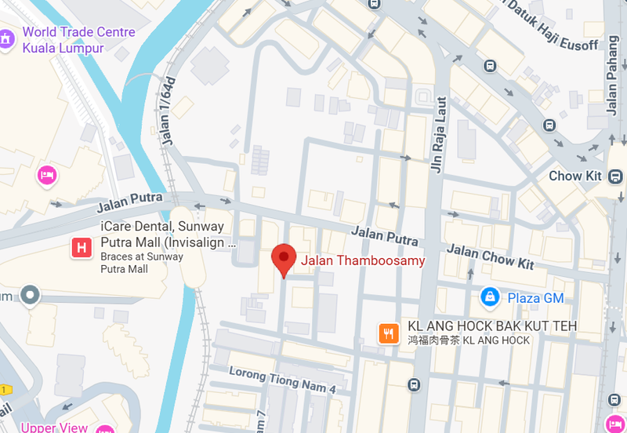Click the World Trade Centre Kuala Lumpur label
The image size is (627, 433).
tap(78, 40)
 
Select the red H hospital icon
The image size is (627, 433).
tap(81, 249)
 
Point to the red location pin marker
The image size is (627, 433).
tap(283, 260)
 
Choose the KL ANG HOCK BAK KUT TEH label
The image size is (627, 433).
tap(492, 326)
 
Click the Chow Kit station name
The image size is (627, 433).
tap(575, 176)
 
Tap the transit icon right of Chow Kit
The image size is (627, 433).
tap(617, 176)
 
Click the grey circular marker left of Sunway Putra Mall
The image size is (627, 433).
tap(30, 295)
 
